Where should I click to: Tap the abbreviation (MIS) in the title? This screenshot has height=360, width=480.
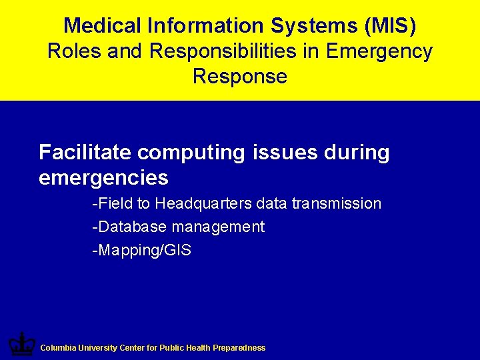(x=391, y=26)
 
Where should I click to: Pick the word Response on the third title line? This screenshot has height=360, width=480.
(x=240, y=76)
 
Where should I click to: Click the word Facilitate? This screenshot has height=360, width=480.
(x=85, y=153)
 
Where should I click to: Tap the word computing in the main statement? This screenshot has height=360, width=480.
(x=192, y=153)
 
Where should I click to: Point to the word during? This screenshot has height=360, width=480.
(x=357, y=153)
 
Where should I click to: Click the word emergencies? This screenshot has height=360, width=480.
(x=103, y=178)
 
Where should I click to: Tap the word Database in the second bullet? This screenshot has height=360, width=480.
(x=130, y=227)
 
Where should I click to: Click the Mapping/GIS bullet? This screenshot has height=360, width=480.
(x=141, y=251)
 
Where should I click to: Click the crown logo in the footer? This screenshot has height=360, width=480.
(x=21, y=345)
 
